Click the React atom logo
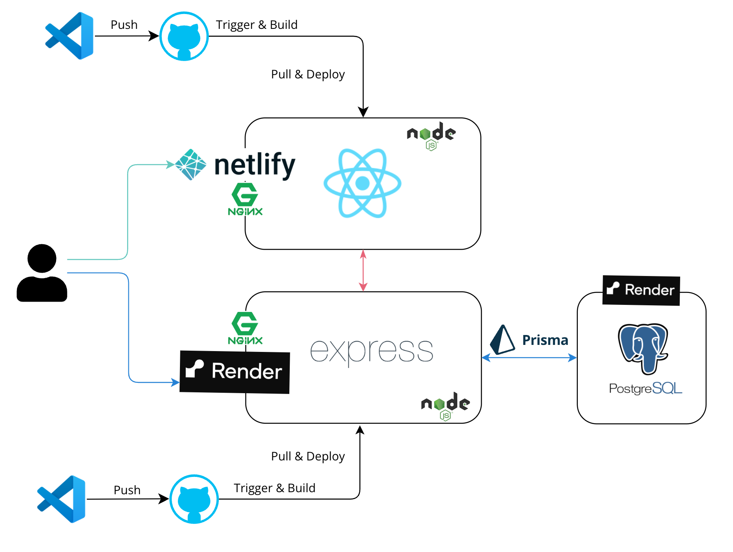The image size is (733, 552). pos(362,183)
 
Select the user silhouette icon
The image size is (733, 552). pos(42,273)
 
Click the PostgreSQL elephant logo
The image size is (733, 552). pos(643,349)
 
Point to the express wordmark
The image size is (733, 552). pos(371,352)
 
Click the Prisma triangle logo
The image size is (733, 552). pos(502,340)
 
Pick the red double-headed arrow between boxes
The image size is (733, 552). pos(363,270)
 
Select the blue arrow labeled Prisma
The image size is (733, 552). pos(529,358)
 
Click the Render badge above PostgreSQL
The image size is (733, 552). pos(641,290)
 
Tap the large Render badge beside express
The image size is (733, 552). pos(235,372)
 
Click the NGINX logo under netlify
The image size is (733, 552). pos(245,199)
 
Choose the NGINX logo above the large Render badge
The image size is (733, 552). pos(245,328)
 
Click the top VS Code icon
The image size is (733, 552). pos(69,36)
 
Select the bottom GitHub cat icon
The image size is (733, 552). pos(194,499)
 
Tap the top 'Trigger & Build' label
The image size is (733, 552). pos(257,25)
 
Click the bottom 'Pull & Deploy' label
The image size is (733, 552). pos(308,456)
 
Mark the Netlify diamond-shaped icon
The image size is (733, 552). pos(191,165)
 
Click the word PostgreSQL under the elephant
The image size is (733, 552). pos(646,388)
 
